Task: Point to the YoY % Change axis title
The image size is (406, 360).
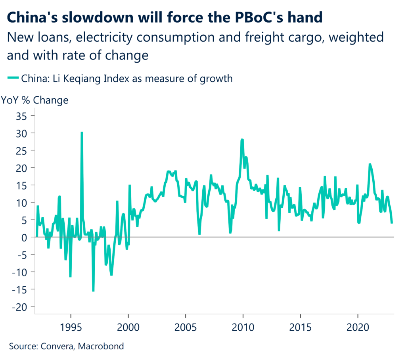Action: [x=35, y=100]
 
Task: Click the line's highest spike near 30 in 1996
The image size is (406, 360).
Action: [x=82, y=132]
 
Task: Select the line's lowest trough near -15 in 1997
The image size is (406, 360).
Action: [x=93, y=291]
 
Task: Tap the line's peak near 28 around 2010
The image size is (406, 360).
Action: [x=242, y=140]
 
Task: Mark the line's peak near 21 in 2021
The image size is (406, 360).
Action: [x=370, y=164]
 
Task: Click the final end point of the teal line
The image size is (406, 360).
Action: [x=392, y=223]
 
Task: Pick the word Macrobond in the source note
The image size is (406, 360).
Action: [x=101, y=346]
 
